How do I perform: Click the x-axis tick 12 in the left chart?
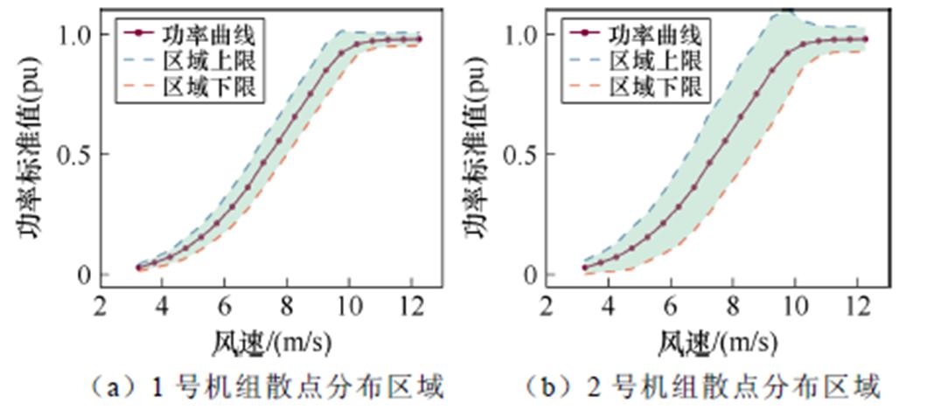pos(411,307)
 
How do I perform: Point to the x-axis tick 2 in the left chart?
pos(101,307)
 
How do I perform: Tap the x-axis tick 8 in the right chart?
pos(732,307)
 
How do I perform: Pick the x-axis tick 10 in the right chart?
pos(794,307)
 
